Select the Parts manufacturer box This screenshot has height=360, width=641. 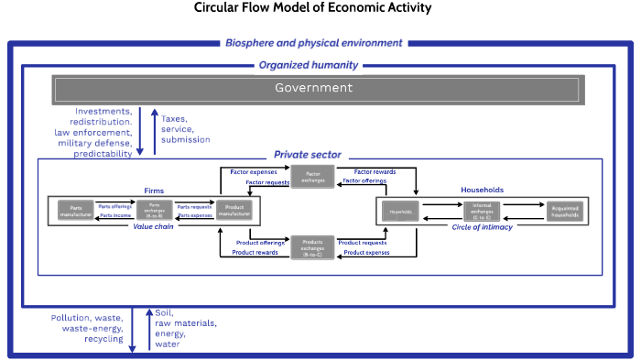(77, 211)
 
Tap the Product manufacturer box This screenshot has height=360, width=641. (234, 211)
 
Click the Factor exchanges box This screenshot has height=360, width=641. (311, 176)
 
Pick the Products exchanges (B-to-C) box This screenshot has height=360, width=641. (311, 245)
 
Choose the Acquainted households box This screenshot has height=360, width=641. (562, 211)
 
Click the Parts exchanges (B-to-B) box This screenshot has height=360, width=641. (156, 211)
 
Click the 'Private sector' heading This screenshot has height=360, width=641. (308, 156)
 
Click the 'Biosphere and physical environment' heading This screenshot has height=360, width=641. (314, 42)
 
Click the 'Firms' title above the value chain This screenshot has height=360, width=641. (154, 191)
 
